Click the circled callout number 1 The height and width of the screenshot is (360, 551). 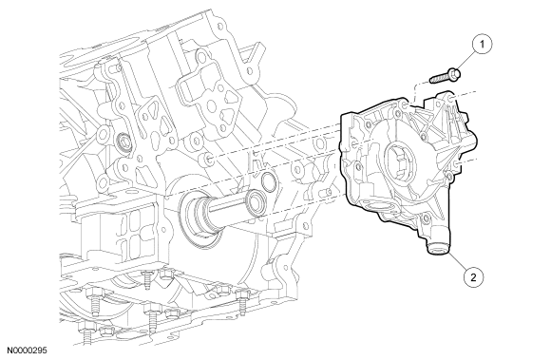click(483, 45)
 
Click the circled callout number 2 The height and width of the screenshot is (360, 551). click(474, 277)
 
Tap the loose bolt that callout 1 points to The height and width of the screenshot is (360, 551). click(446, 76)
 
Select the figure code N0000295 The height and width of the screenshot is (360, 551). click(28, 351)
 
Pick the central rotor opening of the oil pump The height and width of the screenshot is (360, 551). click(400, 161)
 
